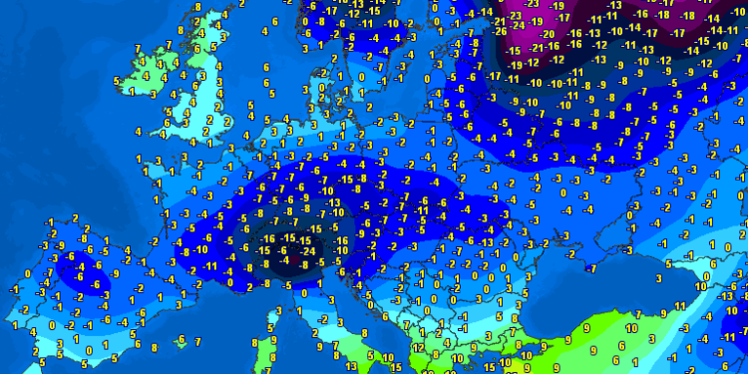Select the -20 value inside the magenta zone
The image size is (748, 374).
(x=548, y=32)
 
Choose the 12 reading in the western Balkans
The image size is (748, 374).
(x=418, y=347)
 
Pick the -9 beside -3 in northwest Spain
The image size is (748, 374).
(x=61, y=245)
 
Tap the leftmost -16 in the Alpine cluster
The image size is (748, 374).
(x=267, y=239)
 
